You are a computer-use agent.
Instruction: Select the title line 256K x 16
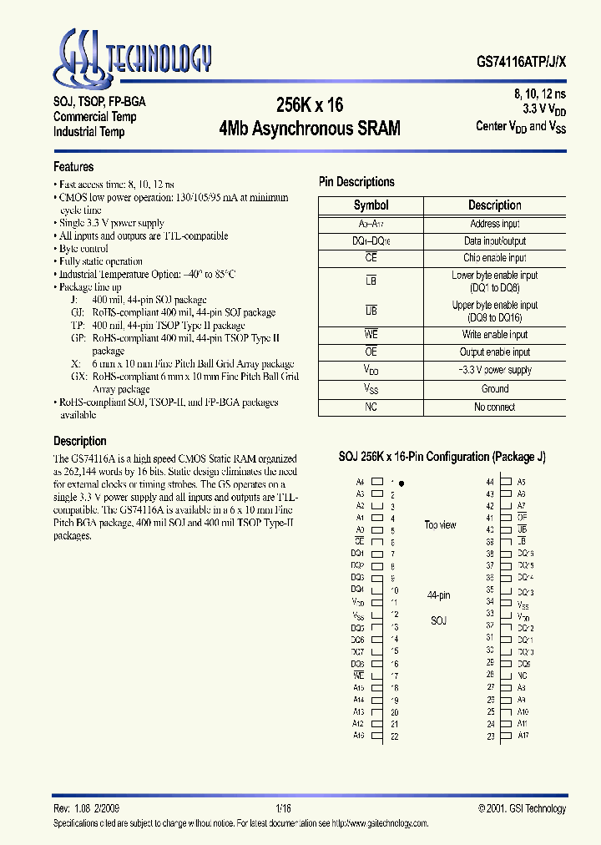310,105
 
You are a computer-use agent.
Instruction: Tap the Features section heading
73,167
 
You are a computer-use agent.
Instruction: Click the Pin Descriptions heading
356,182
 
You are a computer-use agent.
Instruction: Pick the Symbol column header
371,205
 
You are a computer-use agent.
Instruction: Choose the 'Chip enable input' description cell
495,258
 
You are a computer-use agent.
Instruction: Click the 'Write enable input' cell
495,335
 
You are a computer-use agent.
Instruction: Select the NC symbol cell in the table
371,407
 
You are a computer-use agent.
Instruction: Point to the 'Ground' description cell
495,389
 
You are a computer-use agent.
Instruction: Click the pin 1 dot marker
402,483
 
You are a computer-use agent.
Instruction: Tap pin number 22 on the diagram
394,736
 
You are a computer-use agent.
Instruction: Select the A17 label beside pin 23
523,736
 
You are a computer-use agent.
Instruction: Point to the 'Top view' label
440,525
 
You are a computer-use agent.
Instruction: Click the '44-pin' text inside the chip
438,595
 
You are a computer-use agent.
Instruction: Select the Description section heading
80,441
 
